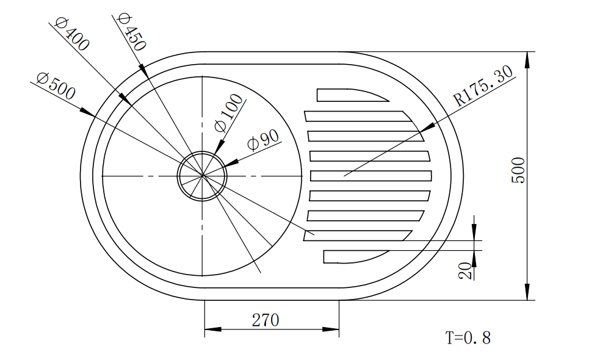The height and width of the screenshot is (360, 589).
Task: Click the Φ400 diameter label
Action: pos(72,34)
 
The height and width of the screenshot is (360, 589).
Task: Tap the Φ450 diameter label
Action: pos(131,32)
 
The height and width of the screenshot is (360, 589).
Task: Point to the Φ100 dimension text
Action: pos(229,113)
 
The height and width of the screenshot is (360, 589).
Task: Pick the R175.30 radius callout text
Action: pos(483,86)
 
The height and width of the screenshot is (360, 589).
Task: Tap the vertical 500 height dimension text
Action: pos(518,170)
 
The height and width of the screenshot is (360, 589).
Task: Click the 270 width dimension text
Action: pos(266,320)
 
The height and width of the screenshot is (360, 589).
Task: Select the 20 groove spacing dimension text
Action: pos(465,271)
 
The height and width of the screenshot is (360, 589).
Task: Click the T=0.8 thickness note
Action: pos(468,338)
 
